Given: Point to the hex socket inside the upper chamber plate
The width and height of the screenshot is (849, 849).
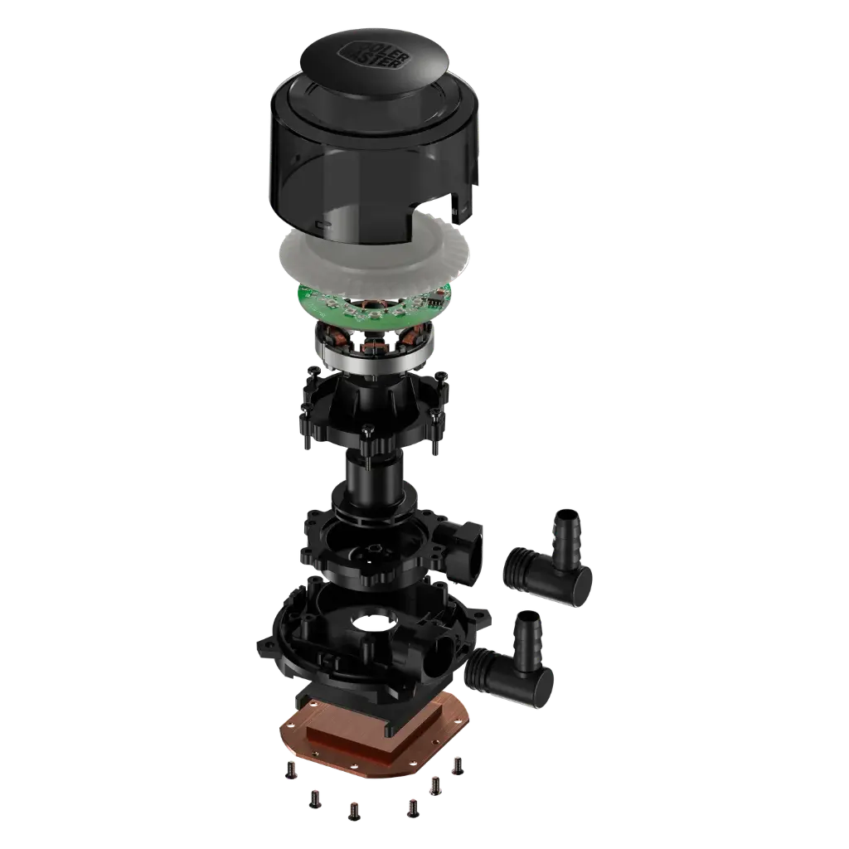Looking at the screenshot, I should pyautogui.click(x=375, y=551).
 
